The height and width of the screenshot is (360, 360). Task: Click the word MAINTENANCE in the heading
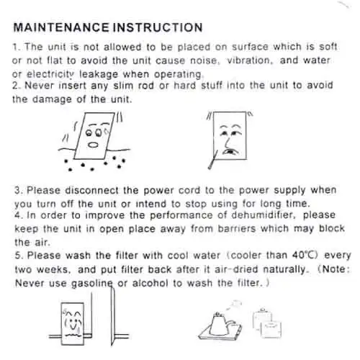[60, 28]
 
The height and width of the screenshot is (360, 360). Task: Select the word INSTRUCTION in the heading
[155, 28]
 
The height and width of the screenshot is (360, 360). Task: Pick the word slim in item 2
[114, 86]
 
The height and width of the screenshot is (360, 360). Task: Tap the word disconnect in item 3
[84, 190]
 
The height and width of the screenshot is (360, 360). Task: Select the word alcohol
[153, 282]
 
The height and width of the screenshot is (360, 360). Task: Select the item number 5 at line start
[17, 255]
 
